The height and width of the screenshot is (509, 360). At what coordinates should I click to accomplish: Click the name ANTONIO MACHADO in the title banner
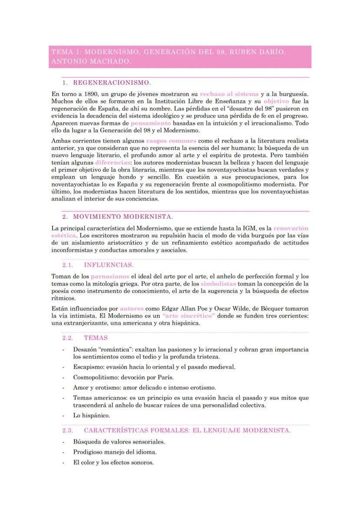point(91,62)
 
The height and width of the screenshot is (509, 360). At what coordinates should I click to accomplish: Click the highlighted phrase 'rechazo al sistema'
point(229,94)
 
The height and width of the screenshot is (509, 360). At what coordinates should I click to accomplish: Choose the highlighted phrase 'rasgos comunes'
point(171,141)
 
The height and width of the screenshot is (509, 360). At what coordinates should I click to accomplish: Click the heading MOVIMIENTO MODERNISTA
point(123,216)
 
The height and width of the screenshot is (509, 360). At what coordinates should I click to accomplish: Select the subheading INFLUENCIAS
point(108,264)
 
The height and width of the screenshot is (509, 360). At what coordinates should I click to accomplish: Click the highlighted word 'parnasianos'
point(110,276)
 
